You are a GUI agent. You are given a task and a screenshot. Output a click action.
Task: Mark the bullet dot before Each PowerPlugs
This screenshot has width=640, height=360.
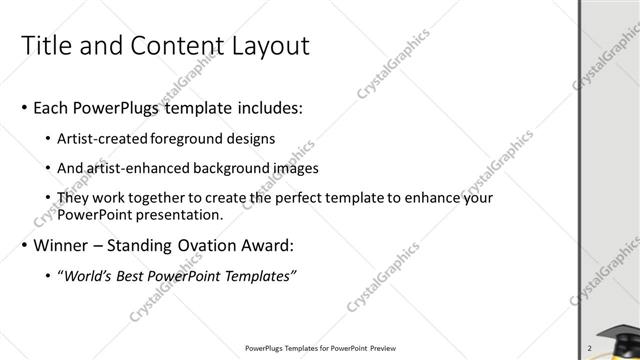coord(23,108)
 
